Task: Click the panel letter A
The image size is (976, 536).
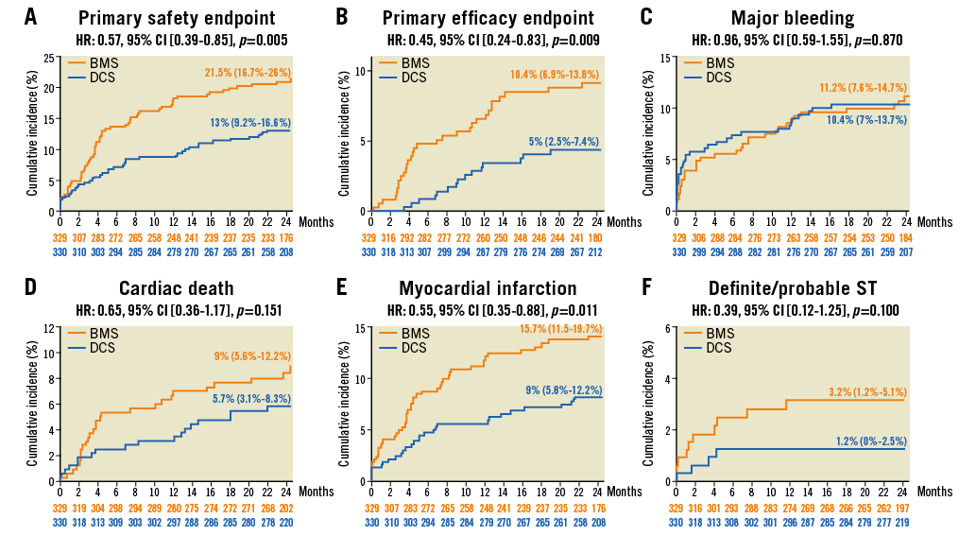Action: coord(31,17)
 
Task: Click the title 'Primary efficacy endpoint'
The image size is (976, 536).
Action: coord(488,18)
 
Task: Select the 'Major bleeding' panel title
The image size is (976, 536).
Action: coord(793,18)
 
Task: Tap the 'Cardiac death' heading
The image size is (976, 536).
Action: coord(177,288)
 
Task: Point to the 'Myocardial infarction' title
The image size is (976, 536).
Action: coord(488,288)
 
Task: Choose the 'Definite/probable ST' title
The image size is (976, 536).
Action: coord(793,288)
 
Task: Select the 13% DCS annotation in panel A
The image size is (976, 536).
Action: coord(250,123)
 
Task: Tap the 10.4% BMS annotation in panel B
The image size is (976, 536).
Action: coord(555,74)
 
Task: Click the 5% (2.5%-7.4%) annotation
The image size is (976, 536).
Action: coord(564,142)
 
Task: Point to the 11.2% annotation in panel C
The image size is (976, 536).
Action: coord(863,88)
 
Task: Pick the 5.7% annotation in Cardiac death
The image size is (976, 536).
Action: coord(251,399)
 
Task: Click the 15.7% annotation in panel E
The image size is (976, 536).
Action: coord(560,328)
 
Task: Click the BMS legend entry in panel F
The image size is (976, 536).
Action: coord(719,334)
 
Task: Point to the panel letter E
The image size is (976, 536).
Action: coord(342,287)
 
